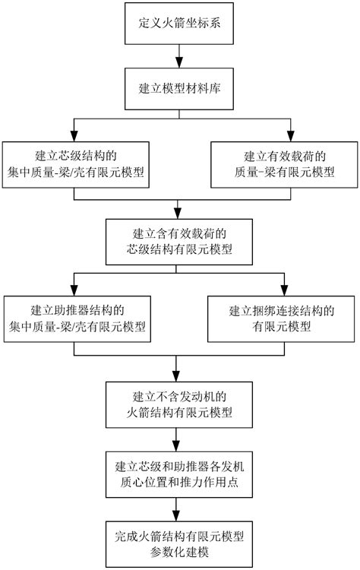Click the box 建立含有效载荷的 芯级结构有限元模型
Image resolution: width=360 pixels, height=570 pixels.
click(178, 241)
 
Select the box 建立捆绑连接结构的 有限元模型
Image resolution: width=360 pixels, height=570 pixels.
click(283, 318)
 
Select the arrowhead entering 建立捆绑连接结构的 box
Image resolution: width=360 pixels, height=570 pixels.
click(283, 290)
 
